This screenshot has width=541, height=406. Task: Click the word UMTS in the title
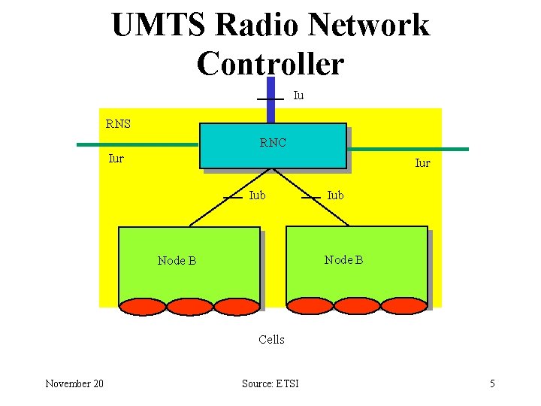coord(159,26)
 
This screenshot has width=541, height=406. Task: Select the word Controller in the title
coord(270,63)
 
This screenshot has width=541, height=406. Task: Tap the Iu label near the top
coord(298,95)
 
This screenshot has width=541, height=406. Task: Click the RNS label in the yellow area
coord(117,124)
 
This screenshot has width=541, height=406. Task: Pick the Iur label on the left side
coord(116,159)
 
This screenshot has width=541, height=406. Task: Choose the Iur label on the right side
coord(423,163)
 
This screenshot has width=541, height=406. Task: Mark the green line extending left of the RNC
coord(135,144)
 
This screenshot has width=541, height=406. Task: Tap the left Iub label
coord(256,195)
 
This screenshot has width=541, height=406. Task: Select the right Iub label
coord(335,195)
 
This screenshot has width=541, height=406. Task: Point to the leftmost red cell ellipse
coord(142,306)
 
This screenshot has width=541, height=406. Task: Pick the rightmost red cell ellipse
coord(403,305)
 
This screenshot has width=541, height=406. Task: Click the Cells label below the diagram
coord(271,340)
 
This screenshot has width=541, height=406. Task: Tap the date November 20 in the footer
coord(74,384)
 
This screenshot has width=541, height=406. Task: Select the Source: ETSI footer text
coord(270,384)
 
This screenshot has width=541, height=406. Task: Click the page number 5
coord(492,384)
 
